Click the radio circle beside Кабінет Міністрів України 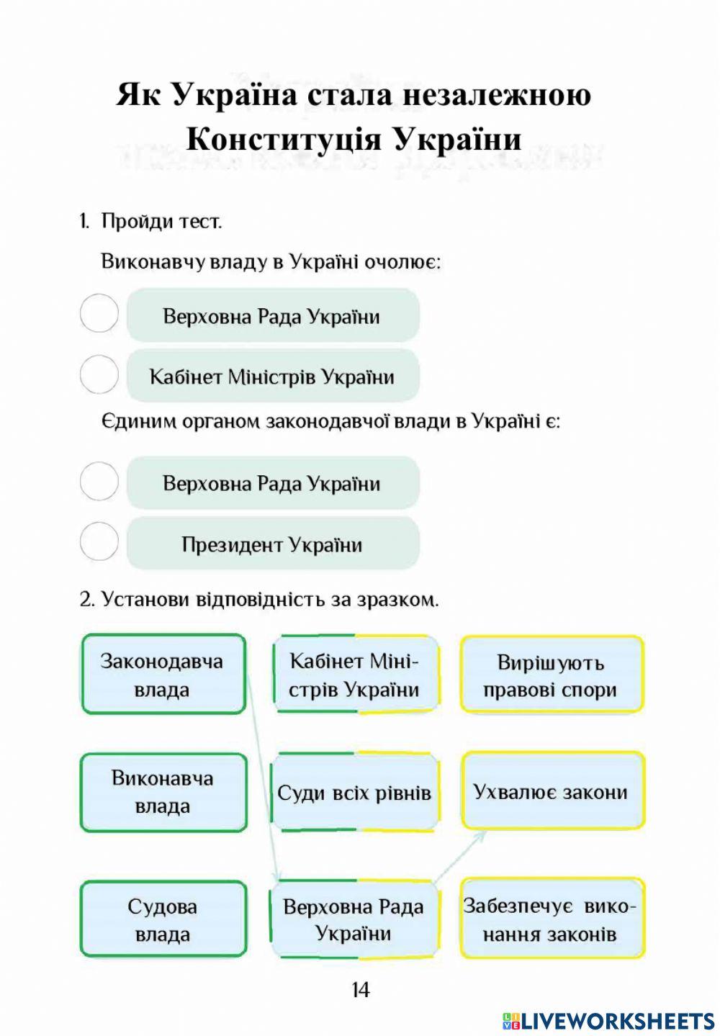pyautogui.click(x=99, y=374)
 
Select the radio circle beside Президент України pyautogui.click(x=99, y=541)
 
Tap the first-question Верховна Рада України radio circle pyautogui.click(x=99, y=314)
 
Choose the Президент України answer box pyautogui.click(x=272, y=544)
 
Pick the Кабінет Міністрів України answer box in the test pyautogui.click(x=272, y=376)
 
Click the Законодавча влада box pyautogui.click(x=163, y=675)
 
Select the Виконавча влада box pyautogui.click(x=163, y=792)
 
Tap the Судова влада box pyautogui.click(x=163, y=920)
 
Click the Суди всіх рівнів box pyautogui.click(x=354, y=793)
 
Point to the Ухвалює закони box pyautogui.click(x=552, y=791)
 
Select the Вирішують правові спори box pyautogui.click(x=552, y=675)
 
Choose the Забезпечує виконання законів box pyautogui.click(x=552, y=919)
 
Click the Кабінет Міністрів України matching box pyautogui.click(x=354, y=675)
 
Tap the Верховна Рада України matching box pyautogui.click(x=354, y=919)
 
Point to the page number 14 pyautogui.click(x=360, y=991)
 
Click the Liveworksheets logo pyautogui.click(x=608, y=1020)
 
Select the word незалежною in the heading pyautogui.click(x=496, y=94)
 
